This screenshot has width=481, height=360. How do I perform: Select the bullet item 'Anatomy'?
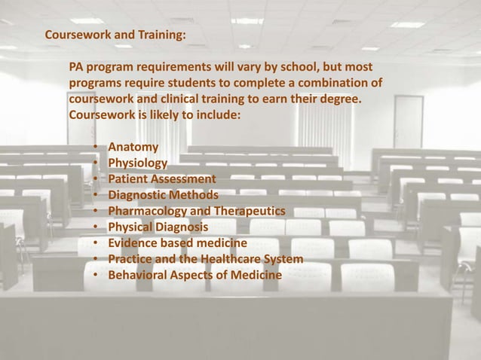pyautogui.click(x=133, y=146)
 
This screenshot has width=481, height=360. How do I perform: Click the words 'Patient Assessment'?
pyautogui.click(x=161, y=179)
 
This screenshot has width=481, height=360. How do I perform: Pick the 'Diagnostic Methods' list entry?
pyautogui.click(x=163, y=195)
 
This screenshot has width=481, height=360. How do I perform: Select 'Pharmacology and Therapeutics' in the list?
pyautogui.click(x=196, y=212)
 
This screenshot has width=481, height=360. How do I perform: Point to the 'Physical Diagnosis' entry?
pyautogui.click(x=159, y=227)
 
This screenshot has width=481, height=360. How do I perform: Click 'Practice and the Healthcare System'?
pyautogui.click(x=206, y=260)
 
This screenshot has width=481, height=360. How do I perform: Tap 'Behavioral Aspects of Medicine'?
pyautogui.click(x=195, y=276)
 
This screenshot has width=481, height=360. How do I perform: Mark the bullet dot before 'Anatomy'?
pyautogui.click(x=96, y=147)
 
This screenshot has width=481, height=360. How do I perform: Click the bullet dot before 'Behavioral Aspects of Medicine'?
pyautogui.click(x=96, y=276)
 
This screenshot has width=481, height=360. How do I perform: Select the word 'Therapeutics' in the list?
pyautogui.click(x=250, y=212)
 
